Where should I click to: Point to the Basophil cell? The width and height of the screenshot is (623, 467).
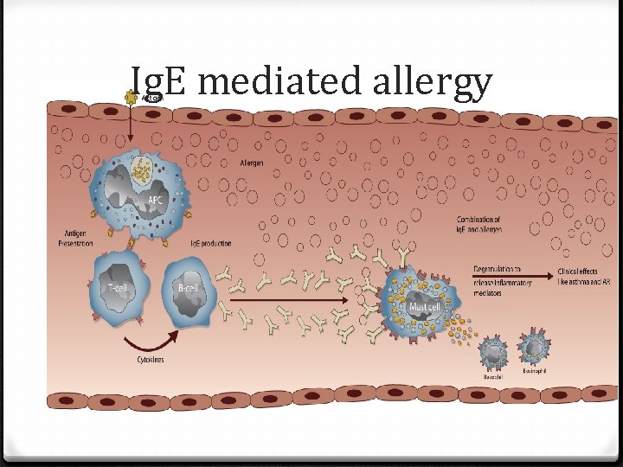point(492,353)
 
